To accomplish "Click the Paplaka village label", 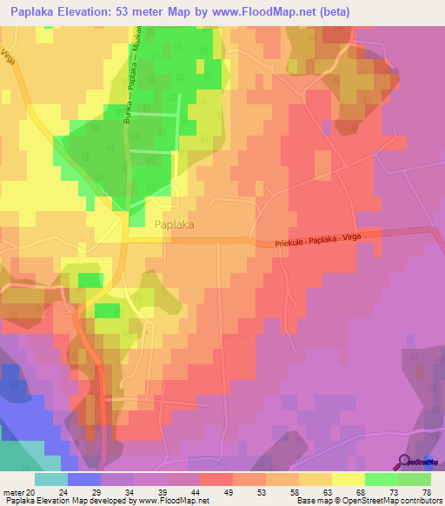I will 173,224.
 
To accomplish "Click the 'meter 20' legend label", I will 18,492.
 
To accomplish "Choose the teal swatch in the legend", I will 50,479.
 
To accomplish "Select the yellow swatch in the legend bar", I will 348,479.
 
